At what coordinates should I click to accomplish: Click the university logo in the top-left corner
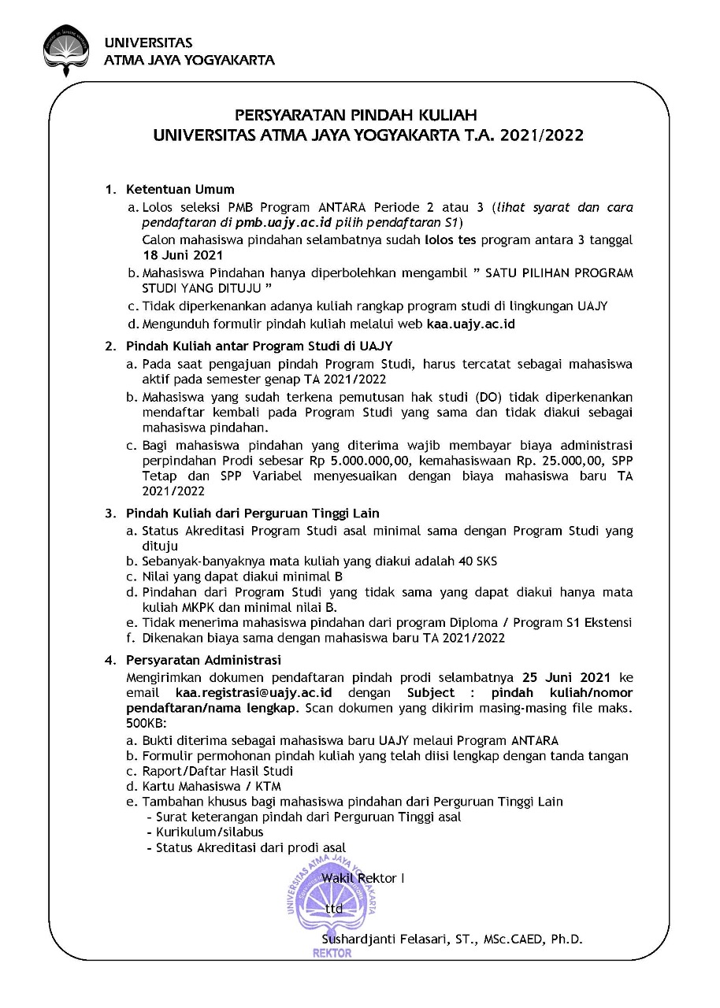pos(67,52)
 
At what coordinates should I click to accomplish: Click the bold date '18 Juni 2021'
pos(183,254)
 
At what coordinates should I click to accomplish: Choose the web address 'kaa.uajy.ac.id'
pos(471,324)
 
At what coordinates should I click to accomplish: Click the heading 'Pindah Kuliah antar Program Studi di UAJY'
pos(259,346)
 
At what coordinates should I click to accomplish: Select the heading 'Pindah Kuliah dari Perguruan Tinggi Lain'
pos(253,513)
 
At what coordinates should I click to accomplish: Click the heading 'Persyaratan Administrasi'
pos(203,660)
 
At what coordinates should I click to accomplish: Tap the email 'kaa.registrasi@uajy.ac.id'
pos(253,692)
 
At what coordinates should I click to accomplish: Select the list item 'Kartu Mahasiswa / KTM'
pos(211,786)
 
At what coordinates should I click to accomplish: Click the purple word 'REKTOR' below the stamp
pos(332,953)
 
